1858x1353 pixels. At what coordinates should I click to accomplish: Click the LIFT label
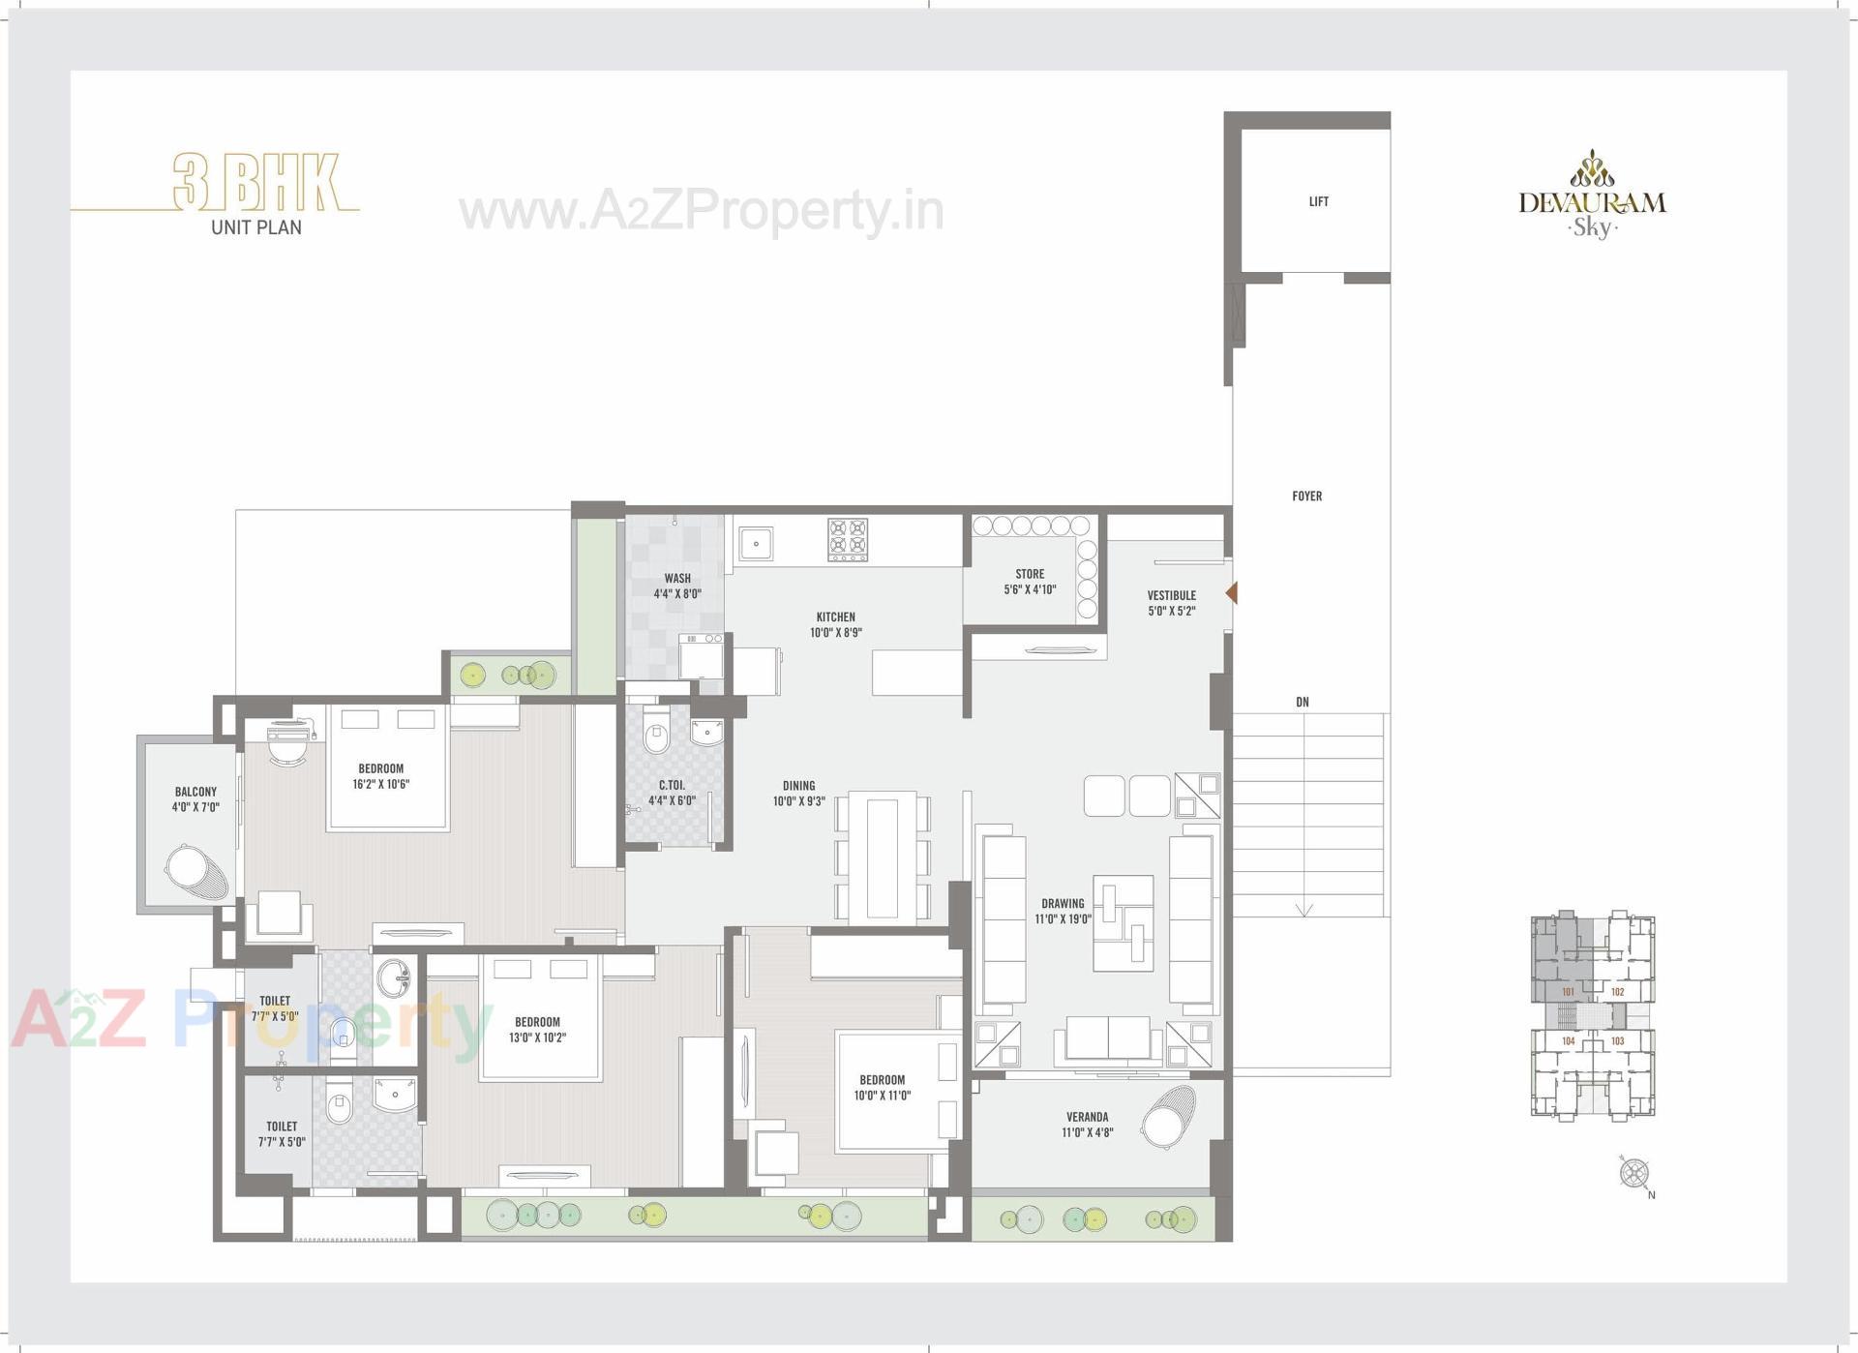pyautogui.click(x=1318, y=201)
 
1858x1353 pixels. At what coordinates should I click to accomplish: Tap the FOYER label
pyautogui.click(x=1306, y=496)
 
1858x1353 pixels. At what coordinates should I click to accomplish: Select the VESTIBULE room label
pyautogui.click(x=1171, y=595)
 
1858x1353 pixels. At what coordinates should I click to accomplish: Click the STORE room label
pyautogui.click(x=1030, y=574)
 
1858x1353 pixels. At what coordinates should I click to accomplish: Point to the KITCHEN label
pyautogui.click(x=835, y=616)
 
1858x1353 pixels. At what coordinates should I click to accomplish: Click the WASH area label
pyautogui.click(x=677, y=579)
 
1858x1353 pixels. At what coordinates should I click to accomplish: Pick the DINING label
pyautogui.click(x=798, y=786)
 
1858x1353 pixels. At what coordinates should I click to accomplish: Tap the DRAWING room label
pyautogui.click(x=1063, y=903)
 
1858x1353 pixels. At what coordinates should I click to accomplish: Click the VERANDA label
pyautogui.click(x=1087, y=1117)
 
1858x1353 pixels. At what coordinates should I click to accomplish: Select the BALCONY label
pyautogui.click(x=195, y=792)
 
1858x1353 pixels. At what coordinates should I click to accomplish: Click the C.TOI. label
pyautogui.click(x=672, y=785)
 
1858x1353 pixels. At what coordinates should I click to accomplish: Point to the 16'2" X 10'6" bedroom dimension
pyautogui.click(x=380, y=784)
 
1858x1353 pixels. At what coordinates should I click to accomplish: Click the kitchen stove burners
pyautogui.click(x=848, y=540)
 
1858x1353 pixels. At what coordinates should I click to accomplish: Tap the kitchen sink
pyautogui.click(x=756, y=544)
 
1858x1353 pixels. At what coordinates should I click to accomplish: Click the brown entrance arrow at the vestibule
pyautogui.click(x=1231, y=592)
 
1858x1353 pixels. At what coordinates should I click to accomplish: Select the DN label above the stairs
pyautogui.click(x=1303, y=702)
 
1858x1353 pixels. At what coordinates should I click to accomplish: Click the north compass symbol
pyautogui.click(x=1634, y=1174)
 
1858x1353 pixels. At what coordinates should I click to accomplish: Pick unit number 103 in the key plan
pyautogui.click(x=1617, y=1041)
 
